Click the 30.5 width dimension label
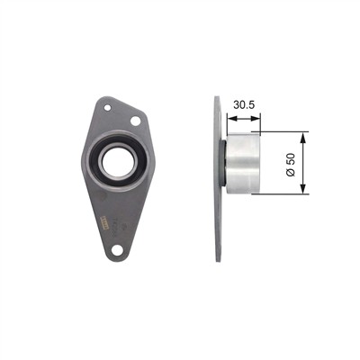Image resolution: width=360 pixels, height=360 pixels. coord(244,105)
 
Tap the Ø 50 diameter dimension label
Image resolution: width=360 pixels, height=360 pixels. coord(291,165)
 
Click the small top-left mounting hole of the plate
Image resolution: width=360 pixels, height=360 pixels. coord(107,107)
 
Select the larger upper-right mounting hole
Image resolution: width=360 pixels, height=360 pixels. coord(136,121)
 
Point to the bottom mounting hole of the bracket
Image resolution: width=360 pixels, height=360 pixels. coord(117,249)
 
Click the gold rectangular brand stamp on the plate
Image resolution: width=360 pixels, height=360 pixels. coord(103,223)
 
